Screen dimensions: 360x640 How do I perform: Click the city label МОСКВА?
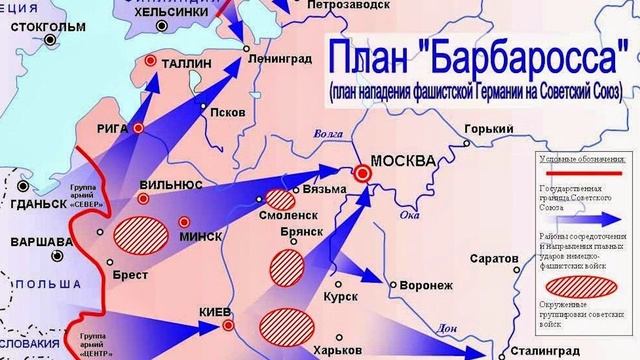click(x=402, y=161)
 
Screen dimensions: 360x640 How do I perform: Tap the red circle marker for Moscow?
click(x=364, y=173)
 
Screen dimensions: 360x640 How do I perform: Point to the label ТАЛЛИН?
click(x=185, y=63)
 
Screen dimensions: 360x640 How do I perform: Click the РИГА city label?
click(x=107, y=126)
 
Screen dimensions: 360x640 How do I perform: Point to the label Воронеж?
click(x=425, y=285)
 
